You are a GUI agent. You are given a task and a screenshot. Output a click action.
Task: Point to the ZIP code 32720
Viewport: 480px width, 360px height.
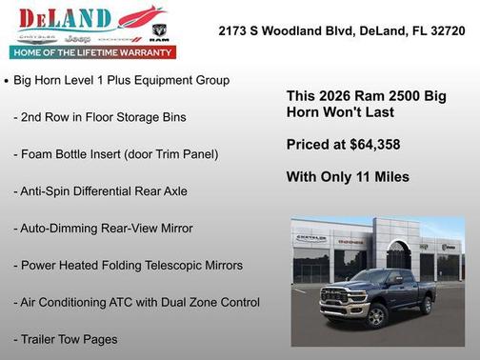446,30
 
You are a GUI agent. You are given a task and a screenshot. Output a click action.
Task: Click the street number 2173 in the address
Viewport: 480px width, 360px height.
233,30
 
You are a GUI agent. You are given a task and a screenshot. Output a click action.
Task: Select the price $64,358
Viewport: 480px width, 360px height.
373,145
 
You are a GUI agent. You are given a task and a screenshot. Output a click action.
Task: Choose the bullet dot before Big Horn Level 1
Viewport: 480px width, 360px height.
8,82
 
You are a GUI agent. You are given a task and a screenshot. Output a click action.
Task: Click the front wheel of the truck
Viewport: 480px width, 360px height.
360,319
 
